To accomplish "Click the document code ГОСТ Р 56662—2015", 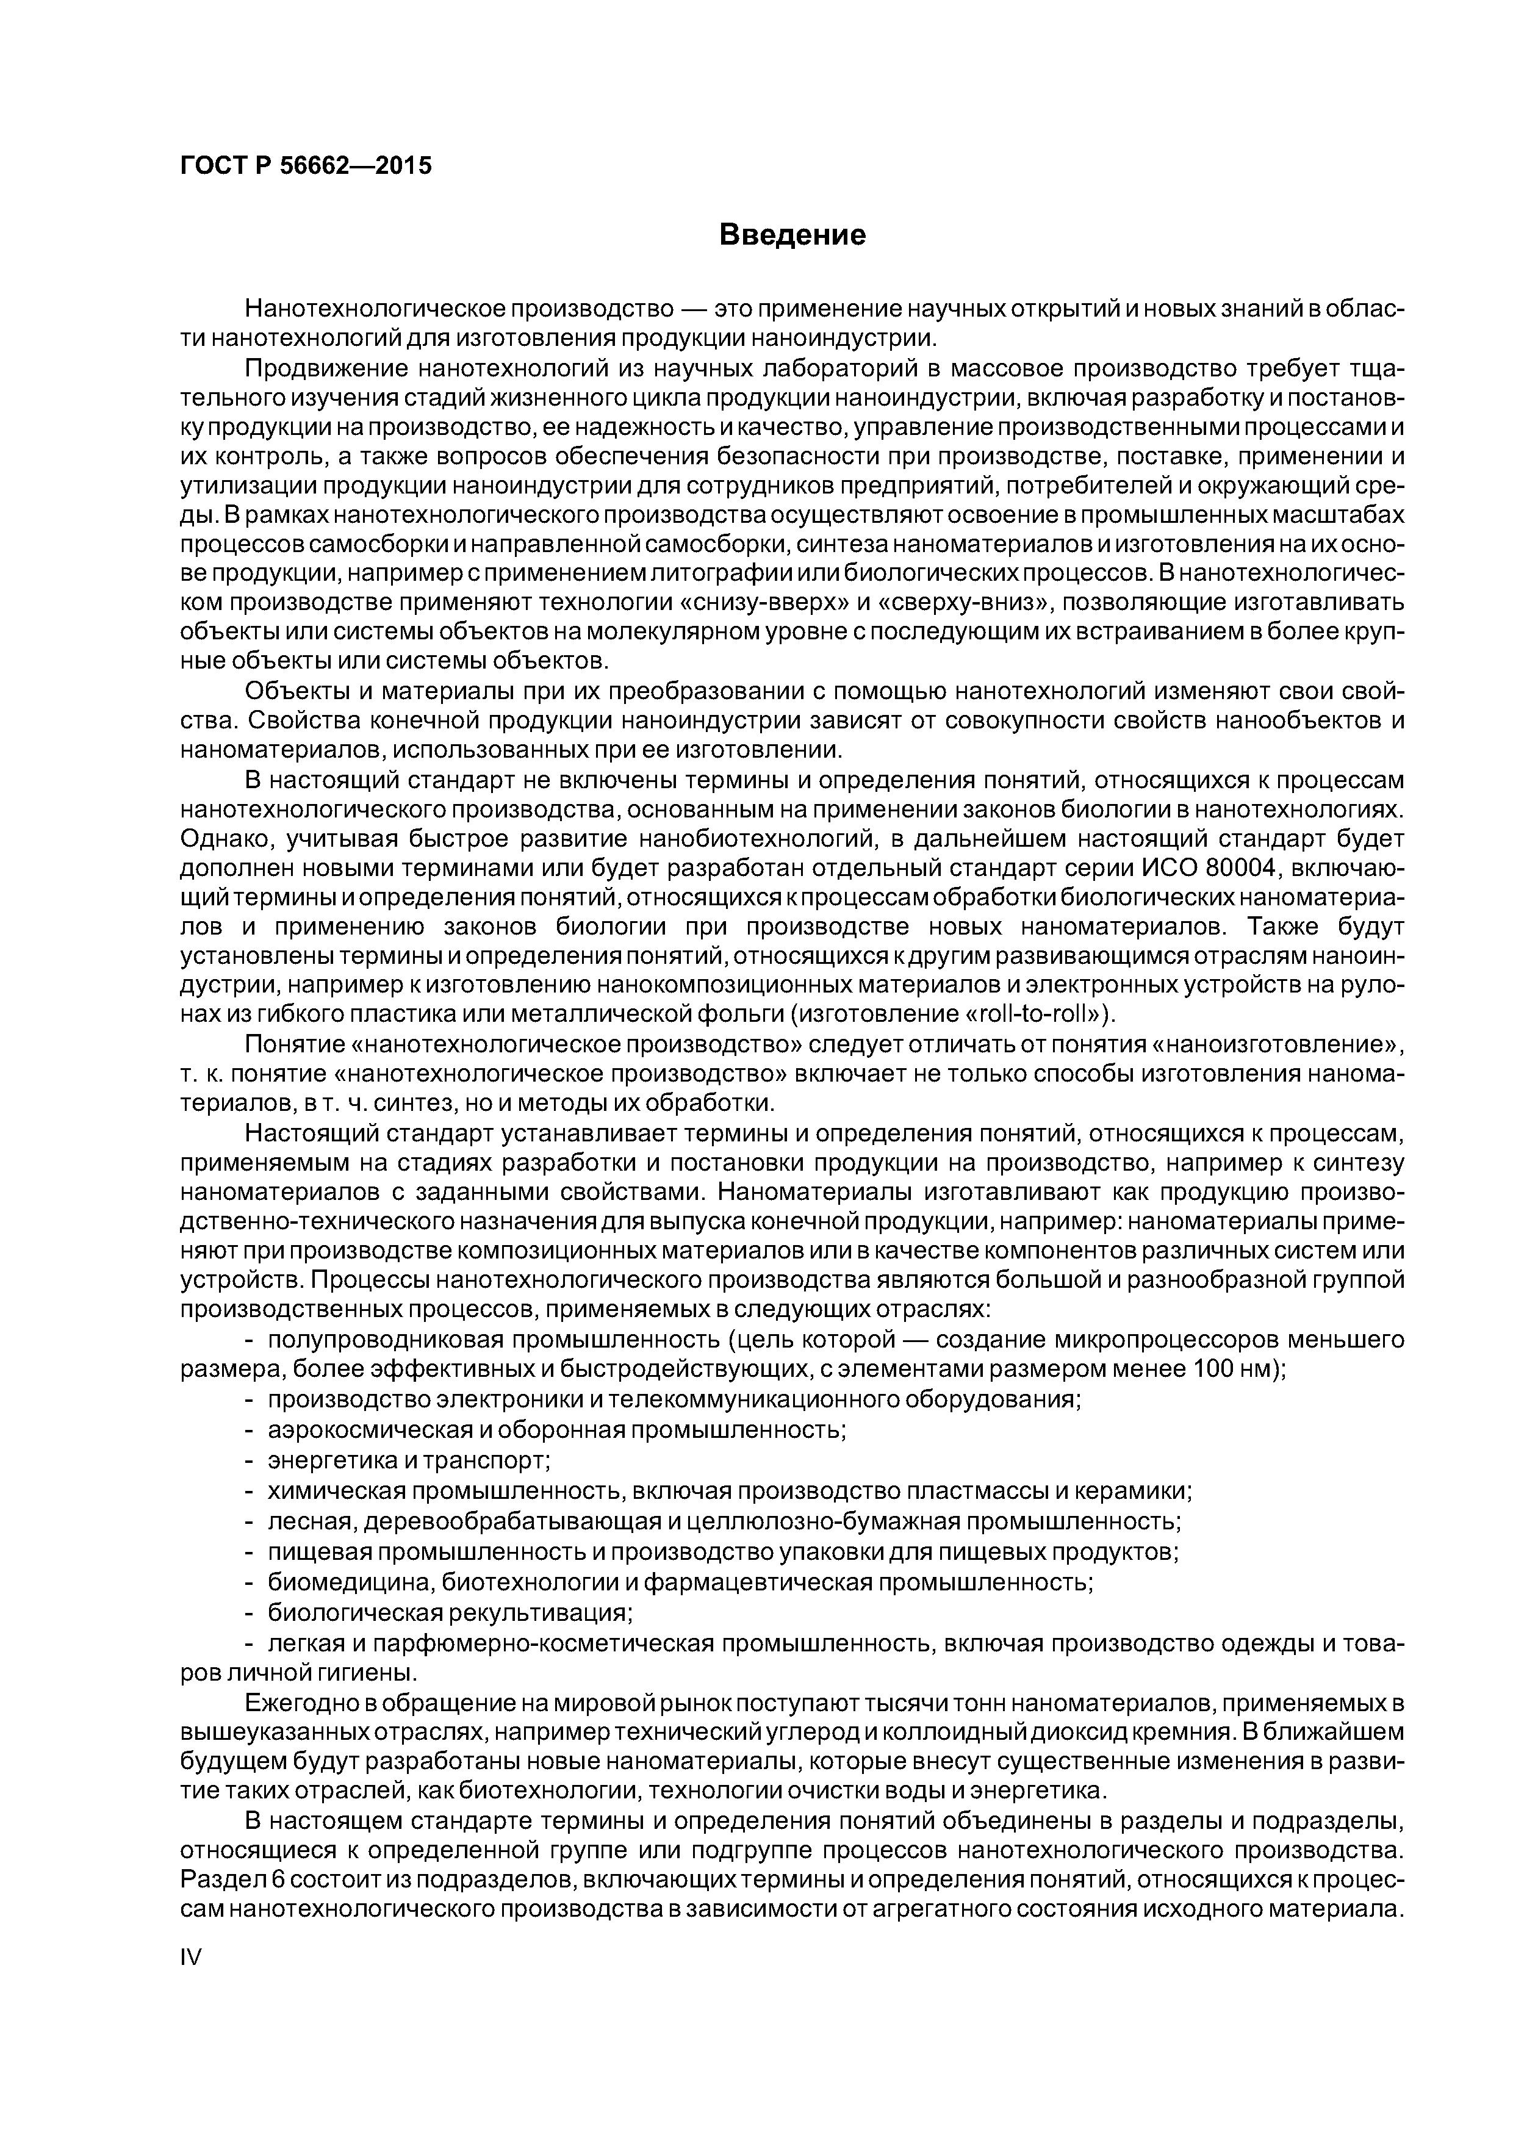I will click(306, 167).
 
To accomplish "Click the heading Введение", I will click(792, 235).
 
